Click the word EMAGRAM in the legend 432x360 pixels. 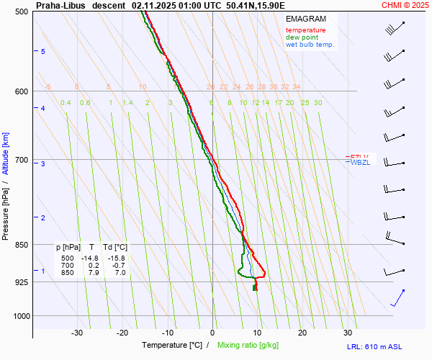(305, 19)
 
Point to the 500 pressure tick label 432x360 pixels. (21, 12)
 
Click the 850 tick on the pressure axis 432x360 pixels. (21, 245)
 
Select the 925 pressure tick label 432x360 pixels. (21, 282)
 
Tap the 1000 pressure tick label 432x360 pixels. (19, 315)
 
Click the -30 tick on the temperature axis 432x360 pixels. (77, 333)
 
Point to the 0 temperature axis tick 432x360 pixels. (212, 333)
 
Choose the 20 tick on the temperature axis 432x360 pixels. (302, 333)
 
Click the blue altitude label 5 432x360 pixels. (43, 52)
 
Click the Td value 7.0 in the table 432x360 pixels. (120, 273)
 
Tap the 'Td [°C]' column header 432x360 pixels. (115, 247)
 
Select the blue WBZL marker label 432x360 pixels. (360, 163)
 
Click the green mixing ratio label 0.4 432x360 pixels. (66, 103)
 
